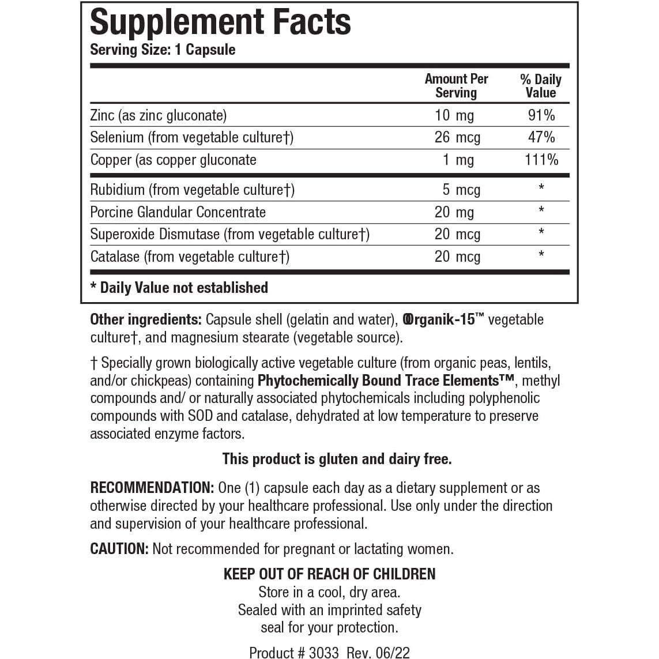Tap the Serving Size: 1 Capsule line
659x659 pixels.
coord(163,50)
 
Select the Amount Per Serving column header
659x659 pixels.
coord(456,86)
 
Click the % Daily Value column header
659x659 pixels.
coord(540,86)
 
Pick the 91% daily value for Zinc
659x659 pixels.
coord(541,115)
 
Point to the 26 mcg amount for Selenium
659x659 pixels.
coord(457,137)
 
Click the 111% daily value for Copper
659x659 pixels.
coord(541,160)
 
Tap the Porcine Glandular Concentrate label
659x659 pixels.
coord(178,212)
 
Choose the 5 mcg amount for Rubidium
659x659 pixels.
coord(461,190)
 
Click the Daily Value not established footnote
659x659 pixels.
coord(179,287)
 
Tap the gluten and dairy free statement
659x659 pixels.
coord(337,459)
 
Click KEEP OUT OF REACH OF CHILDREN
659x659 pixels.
coord(329,574)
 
